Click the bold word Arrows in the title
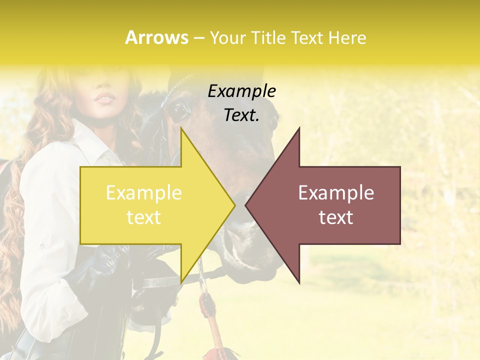click(x=156, y=37)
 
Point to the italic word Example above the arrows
click(x=242, y=91)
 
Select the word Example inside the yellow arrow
click(x=144, y=193)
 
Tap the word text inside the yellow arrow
click(x=144, y=217)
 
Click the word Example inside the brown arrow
click(x=336, y=193)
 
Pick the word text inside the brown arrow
click(x=336, y=217)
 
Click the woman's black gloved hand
click(x=115, y=260)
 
